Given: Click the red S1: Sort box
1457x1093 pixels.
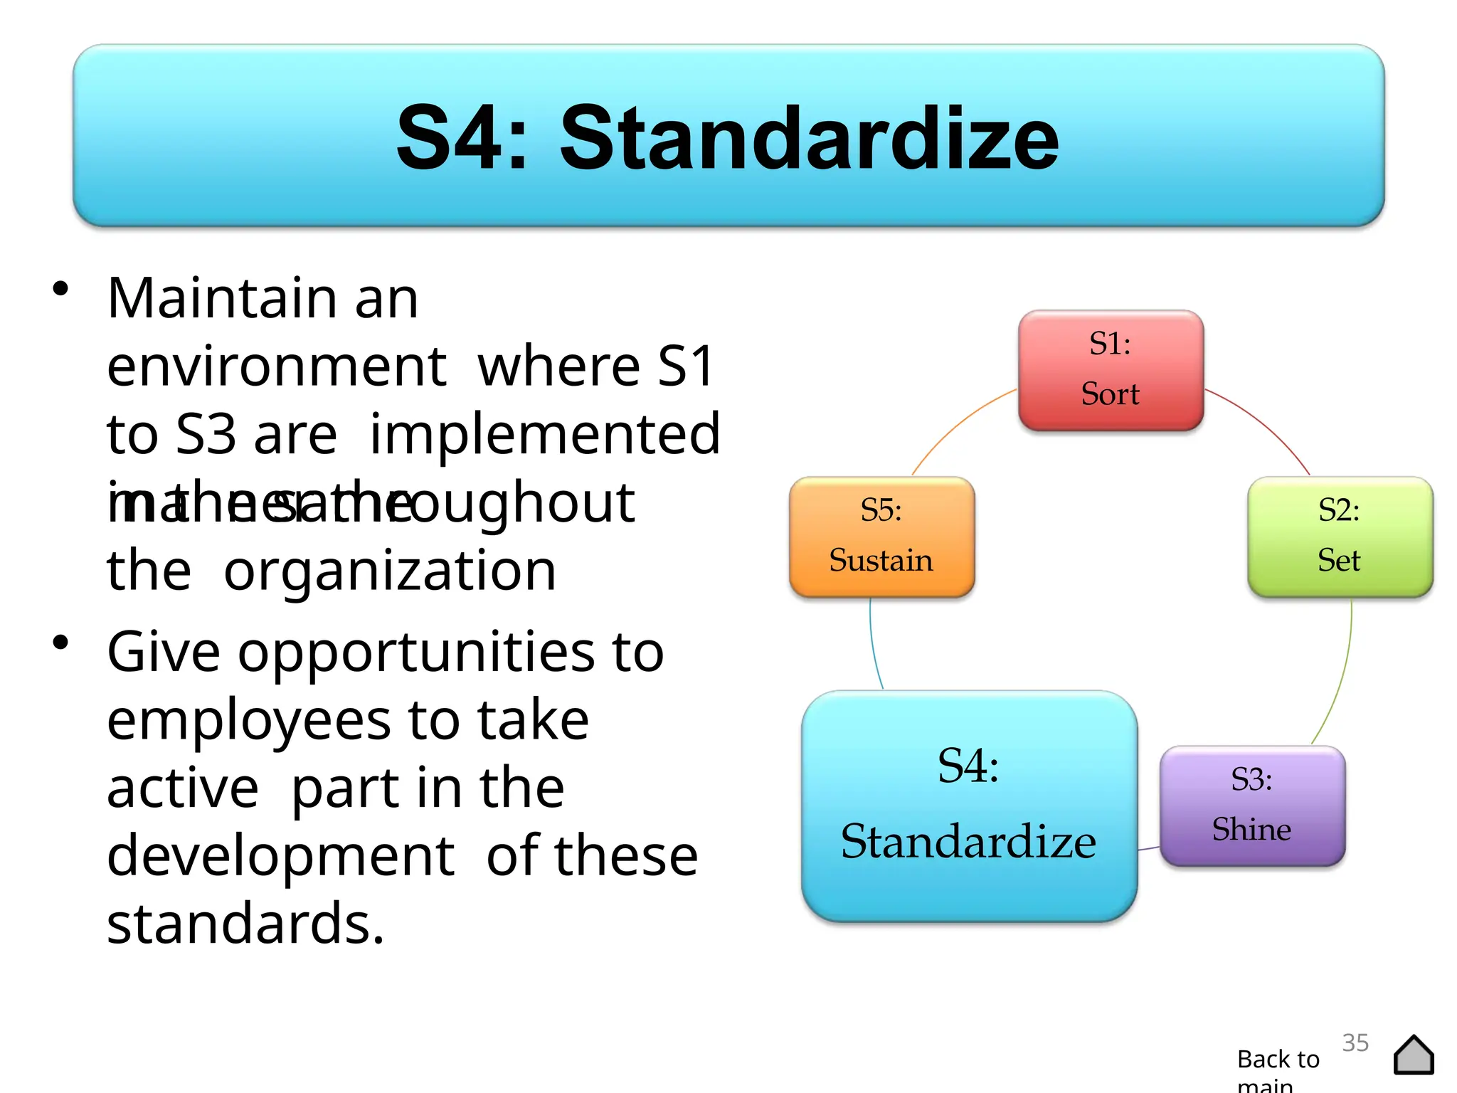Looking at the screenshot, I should tap(1111, 370).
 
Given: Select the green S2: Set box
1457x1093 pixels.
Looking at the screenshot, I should tap(1340, 537).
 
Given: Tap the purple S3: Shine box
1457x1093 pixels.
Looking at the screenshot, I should tap(1252, 806).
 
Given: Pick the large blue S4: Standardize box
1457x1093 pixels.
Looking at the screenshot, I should tap(969, 806).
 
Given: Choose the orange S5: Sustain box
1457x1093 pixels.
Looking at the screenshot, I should tap(881, 537).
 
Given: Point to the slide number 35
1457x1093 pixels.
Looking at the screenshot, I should tap(1355, 1042).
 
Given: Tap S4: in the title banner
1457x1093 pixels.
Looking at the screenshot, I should tap(462, 138).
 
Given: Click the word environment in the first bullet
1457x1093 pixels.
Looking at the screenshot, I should tap(277, 366).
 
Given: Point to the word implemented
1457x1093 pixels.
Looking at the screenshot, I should tap(545, 434).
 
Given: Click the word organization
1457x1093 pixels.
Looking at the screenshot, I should tap(389, 571).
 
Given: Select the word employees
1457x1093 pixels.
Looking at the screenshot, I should tap(248, 720).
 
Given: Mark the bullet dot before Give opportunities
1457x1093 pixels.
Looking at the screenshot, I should tap(60, 642).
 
